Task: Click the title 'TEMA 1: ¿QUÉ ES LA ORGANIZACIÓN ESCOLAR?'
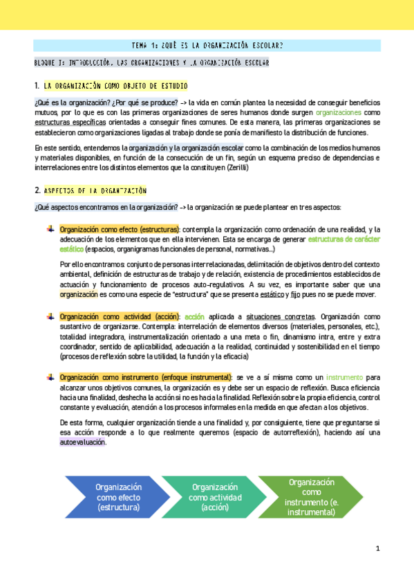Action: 207,46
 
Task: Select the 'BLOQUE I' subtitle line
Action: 151,63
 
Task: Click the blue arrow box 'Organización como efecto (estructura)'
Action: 118,496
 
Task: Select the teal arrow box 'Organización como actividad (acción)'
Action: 214,497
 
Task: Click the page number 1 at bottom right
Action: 378,548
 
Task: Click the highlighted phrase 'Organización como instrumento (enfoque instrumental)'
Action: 146,377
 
